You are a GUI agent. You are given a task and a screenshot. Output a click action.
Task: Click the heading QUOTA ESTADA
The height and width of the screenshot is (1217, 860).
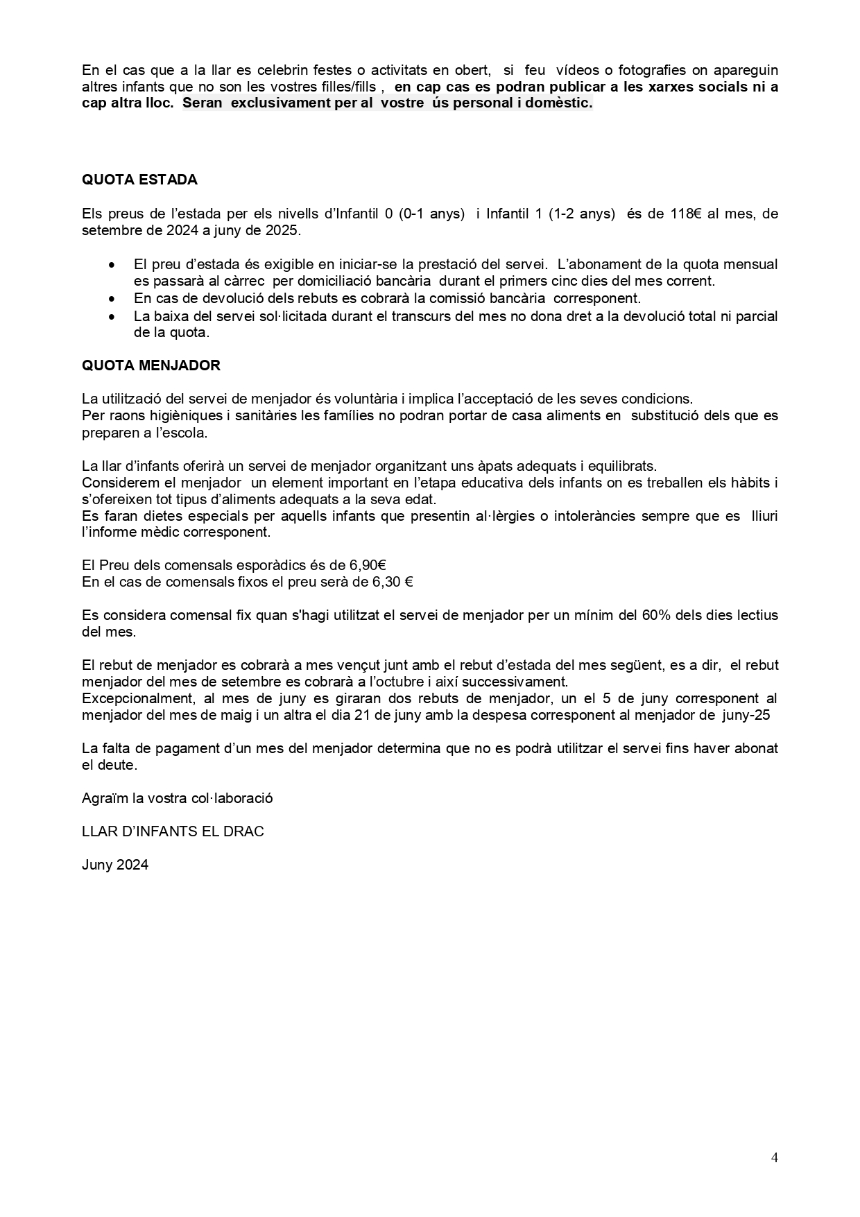(x=139, y=180)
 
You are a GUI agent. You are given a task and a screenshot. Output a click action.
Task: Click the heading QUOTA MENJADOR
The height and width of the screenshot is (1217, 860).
(x=151, y=365)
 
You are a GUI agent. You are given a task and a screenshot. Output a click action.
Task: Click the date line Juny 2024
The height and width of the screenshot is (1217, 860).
(x=115, y=865)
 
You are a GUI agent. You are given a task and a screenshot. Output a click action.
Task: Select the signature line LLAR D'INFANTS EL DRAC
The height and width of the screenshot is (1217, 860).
(x=173, y=831)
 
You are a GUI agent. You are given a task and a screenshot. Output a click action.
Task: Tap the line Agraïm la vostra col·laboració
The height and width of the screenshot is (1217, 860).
(x=178, y=797)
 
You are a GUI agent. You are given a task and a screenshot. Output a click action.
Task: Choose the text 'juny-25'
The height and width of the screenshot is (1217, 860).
(x=746, y=715)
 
